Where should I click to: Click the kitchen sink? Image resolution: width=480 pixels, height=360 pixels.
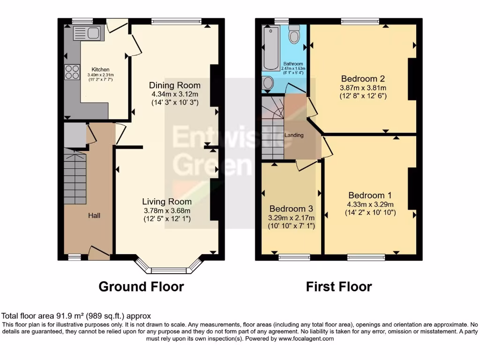tap(87, 33)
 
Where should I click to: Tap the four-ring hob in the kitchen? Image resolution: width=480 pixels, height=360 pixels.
tap(72, 72)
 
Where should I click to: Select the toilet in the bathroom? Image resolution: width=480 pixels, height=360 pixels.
tap(294, 35)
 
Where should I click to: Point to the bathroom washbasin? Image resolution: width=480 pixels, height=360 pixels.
tap(269, 83)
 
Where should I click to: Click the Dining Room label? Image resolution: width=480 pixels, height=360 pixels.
tap(175, 85)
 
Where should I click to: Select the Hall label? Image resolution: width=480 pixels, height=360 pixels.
tap(95, 216)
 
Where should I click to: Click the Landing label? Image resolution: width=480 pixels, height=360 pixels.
tap(294, 135)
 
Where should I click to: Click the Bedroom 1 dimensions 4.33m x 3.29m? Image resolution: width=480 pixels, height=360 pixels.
tap(370, 204)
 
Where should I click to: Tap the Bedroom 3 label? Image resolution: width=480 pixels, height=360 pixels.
tap(291, 209)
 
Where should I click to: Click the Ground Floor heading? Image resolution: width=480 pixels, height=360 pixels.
tap(141, 286)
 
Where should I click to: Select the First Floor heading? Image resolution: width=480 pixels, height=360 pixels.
tap(339, 286)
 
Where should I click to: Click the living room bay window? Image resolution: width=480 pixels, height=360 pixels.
tap(167, 270)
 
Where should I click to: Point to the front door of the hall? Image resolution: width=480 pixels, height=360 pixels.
tap(98, 253)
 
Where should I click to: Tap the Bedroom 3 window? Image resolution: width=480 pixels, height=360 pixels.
tap(292, 257)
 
